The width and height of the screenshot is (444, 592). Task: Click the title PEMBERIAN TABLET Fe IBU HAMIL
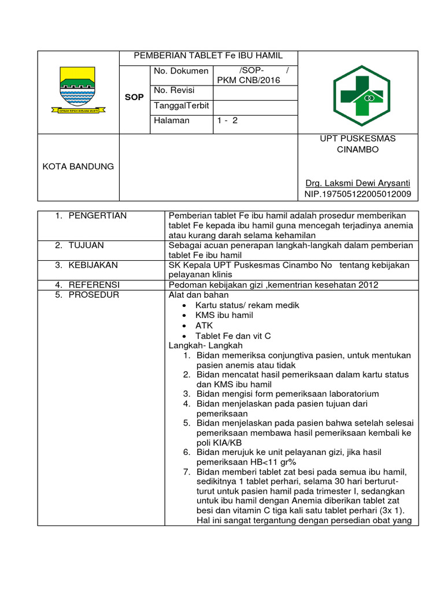point(208,56)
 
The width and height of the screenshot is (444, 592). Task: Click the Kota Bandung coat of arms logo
point(78,89)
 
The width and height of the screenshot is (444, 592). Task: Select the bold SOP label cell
point(134,98)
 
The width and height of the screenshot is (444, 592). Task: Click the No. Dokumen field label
point(181,71)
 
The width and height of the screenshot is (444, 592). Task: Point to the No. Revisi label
point(174,90)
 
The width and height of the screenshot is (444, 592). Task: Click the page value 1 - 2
point(227,121)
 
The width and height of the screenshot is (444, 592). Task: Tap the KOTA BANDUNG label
point(78,166)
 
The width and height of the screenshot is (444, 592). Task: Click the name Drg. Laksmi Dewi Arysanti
point(357,183)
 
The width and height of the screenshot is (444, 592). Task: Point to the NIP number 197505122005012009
point(358,194)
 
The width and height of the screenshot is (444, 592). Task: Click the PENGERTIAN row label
point(97,216)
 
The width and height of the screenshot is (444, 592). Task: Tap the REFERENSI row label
point(94,284)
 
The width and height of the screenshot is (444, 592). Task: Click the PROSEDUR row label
point(93,295)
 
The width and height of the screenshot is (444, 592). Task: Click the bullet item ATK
point(204,325)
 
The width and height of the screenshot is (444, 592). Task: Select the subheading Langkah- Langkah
point(198,345)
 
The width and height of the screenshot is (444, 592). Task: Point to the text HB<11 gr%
point(273,462)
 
